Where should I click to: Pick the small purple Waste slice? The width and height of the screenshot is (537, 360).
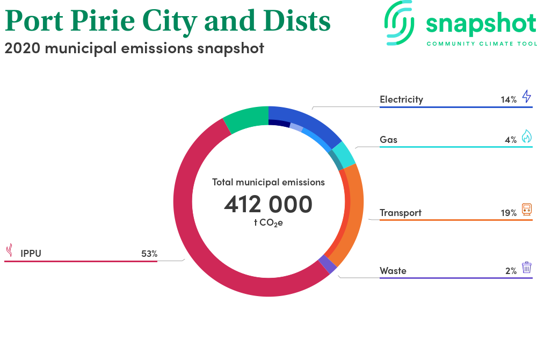pos(328,264)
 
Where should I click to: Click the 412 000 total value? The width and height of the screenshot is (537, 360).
pos(268,205)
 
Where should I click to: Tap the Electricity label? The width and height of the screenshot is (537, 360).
pos(401,99)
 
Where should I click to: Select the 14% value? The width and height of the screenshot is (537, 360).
pos(509,100)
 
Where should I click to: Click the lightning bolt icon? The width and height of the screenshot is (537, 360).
pos(527,96)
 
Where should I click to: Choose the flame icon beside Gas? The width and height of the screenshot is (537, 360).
pos(527,136)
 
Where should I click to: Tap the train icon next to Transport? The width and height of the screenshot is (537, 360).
pos(527,209)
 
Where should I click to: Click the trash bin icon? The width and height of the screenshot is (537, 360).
pos(527,267)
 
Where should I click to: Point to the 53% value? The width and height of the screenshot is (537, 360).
pos(149,254)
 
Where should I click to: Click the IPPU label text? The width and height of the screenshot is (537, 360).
pos(31,254)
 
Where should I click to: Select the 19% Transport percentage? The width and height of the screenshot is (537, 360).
pos(509,213)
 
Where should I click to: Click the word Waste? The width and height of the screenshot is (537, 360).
pos(393,271)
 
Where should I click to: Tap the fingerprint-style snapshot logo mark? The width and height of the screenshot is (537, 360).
pos(399,23)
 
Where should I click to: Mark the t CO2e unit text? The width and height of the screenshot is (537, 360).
pos(268,223)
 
